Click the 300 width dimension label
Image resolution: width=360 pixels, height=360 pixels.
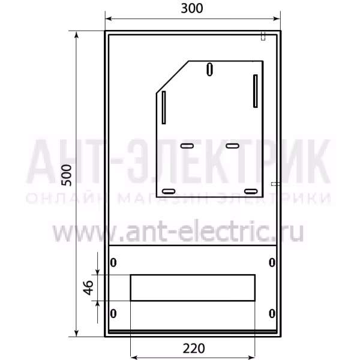(x=192, y=8)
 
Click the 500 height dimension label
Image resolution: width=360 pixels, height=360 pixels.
(x=67, y=175)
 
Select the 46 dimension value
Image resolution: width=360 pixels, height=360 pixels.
(x=88, y=287)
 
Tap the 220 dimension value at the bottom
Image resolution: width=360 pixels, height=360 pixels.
(x=194, y=348)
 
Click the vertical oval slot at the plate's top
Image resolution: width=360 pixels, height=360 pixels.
(x=209, y=69)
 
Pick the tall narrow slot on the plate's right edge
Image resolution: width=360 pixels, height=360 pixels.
(x=256, y=91)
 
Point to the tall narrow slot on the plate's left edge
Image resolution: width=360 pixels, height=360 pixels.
(x=164, y=107)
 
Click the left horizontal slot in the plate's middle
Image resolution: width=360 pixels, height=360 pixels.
(x=187, y=146)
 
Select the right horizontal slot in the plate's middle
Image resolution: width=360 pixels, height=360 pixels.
(x=232, y=146)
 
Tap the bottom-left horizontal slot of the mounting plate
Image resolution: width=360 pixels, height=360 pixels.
(x=169, y=191)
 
